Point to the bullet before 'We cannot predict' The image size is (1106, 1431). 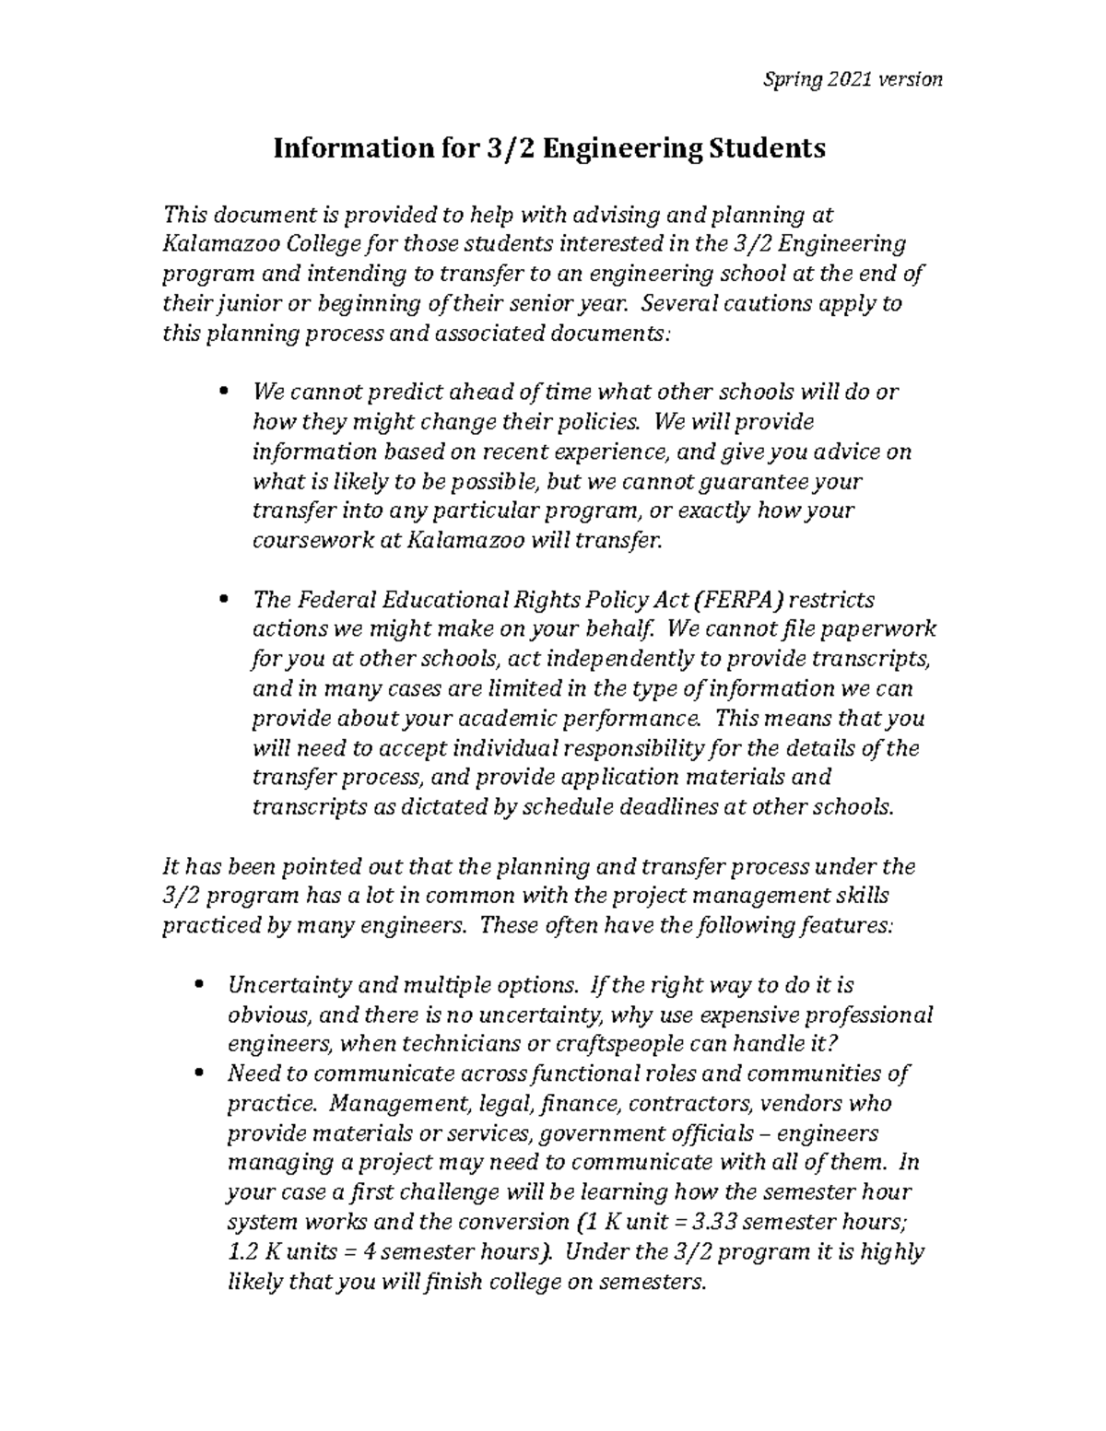click(x=224, y=392)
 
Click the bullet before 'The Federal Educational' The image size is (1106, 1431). click(x=224, y=601)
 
